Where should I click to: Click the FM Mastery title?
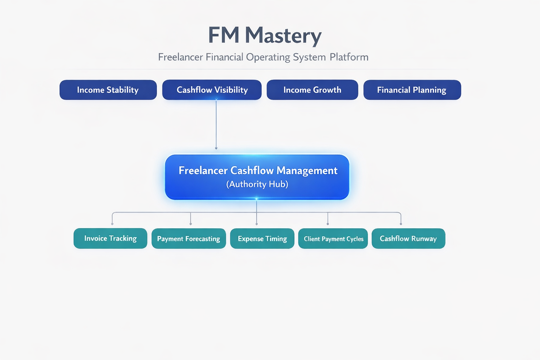click(x=265, y=36)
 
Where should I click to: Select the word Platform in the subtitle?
click(x=349, y=57)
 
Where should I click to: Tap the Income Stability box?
click(x=108, y=90)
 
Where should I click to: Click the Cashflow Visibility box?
click(x=212, y=90)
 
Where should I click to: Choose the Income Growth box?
click(x=312, y=90)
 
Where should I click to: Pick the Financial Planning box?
click(x=412, y=90)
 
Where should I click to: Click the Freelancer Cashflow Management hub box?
click(x=257, y=177)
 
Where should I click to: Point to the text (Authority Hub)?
click(x=257, y=184)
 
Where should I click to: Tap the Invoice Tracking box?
click(x=110, y=238)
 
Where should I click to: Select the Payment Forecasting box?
click(x=188, y=239)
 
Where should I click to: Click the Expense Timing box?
click(x=262, y=239)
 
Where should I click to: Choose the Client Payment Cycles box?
click(x=333, y=239)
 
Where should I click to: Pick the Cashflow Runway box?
click(x=408, y=239)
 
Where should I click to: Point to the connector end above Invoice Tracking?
click(x=112, y=224)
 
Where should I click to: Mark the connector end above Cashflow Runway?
click(x=401, y=224)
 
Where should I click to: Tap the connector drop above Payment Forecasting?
click(x=191, y=219)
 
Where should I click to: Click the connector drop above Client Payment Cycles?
click(x=328, y=219)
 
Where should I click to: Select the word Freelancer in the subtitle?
click(x=180, y=57)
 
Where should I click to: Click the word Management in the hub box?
click(x=307, y=171)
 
